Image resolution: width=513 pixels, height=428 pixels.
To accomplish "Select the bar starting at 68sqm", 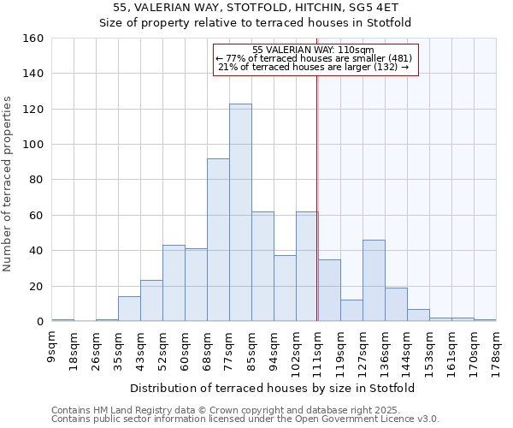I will coord(218,240).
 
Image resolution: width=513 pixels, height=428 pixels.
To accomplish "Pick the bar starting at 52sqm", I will coord(174,283).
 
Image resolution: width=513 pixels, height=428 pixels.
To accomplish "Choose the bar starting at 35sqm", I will coord(129,309).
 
